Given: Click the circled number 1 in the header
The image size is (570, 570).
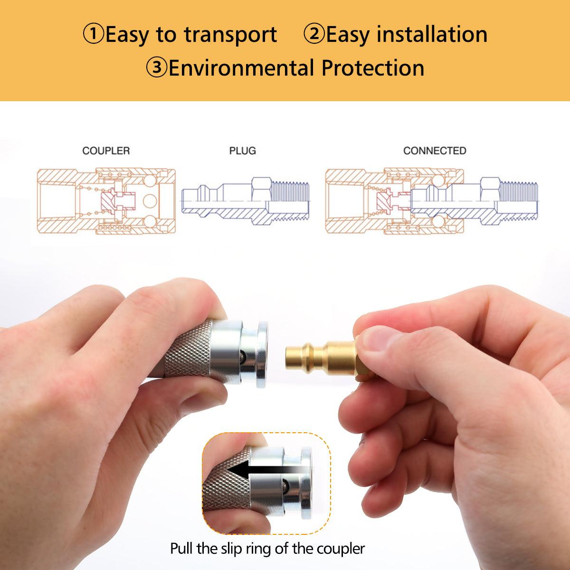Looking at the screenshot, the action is (93, 34).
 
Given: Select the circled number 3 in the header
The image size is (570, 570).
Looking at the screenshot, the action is (157, 67).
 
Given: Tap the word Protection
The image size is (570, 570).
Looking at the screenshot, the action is (373, 68).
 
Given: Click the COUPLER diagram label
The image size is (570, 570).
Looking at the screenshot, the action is (106, 151).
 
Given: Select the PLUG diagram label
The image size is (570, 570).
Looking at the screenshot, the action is (243, 151).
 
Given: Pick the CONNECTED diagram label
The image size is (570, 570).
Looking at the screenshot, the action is (435, 151).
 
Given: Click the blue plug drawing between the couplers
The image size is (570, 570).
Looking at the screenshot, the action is (245, 201).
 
